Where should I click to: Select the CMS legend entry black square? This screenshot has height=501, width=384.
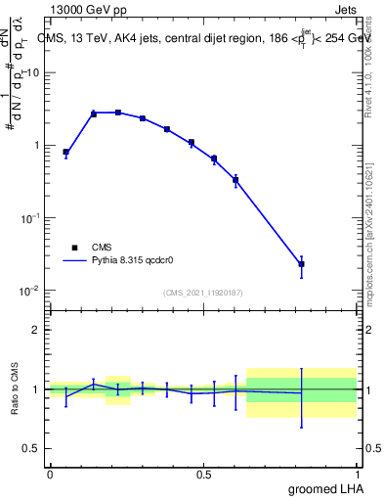coord(74,249)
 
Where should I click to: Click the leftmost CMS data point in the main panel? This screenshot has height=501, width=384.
coord(65,153)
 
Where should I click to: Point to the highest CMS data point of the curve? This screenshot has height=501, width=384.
coord(118,113)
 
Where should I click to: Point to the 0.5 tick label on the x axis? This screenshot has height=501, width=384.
coord(203,475)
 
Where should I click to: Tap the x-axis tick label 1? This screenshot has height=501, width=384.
coord(358,475)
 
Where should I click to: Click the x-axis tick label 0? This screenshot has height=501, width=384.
coord(50,475)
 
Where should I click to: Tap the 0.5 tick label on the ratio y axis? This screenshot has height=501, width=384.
coord(31,448)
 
